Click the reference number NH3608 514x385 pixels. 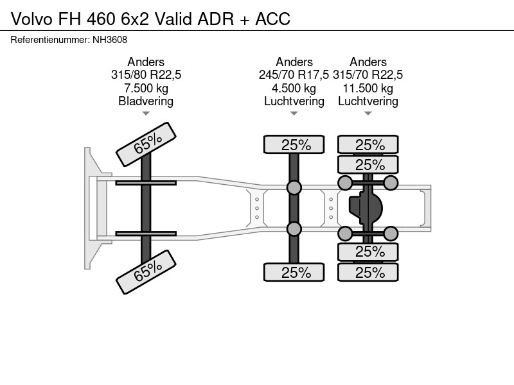(110, 40)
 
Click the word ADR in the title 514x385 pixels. (216, 19)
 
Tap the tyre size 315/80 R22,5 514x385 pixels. (146, 75)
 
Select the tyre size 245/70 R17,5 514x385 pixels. (294, 75)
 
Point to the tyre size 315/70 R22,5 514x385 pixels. (368, 75)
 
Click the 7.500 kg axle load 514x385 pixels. (146, 88)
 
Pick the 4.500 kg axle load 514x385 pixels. (294, 88)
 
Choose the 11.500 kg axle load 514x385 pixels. (368, 88)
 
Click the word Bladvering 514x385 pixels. (146, 101)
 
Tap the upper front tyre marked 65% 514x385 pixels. (146, 144)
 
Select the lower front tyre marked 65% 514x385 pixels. (146, 272)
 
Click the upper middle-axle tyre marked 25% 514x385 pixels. (294, 144)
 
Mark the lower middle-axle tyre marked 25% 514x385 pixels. (294, 272)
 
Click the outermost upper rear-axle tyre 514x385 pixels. (368, 144)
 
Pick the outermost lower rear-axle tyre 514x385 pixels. (368, 272)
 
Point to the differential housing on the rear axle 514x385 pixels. (366, 208)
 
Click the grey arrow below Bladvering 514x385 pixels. (146, 114)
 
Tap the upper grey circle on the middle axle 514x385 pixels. (294, 187)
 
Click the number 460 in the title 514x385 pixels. (101, 19)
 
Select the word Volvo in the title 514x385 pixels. (31, 19)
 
